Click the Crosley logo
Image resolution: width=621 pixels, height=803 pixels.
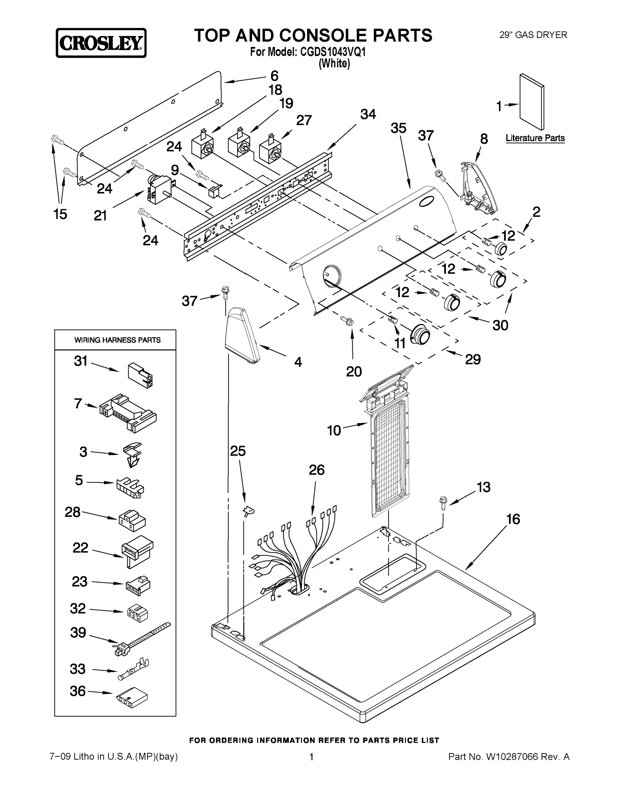[101, 43]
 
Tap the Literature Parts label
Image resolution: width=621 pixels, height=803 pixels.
[535, 138]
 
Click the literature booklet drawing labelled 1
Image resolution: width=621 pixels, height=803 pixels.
[532, 101]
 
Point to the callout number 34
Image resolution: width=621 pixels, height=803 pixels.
[368, 114]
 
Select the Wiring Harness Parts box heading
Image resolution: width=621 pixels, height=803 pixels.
[118, 340]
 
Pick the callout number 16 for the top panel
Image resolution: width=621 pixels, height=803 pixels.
[513, 519]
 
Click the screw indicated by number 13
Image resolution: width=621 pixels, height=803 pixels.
[443, 502]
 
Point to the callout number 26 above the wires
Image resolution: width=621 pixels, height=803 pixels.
[316, 470]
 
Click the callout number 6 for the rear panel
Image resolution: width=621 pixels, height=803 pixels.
[275, 76]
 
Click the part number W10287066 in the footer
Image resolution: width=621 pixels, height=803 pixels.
[512, 765]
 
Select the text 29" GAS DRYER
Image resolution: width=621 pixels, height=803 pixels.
[533, 35]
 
